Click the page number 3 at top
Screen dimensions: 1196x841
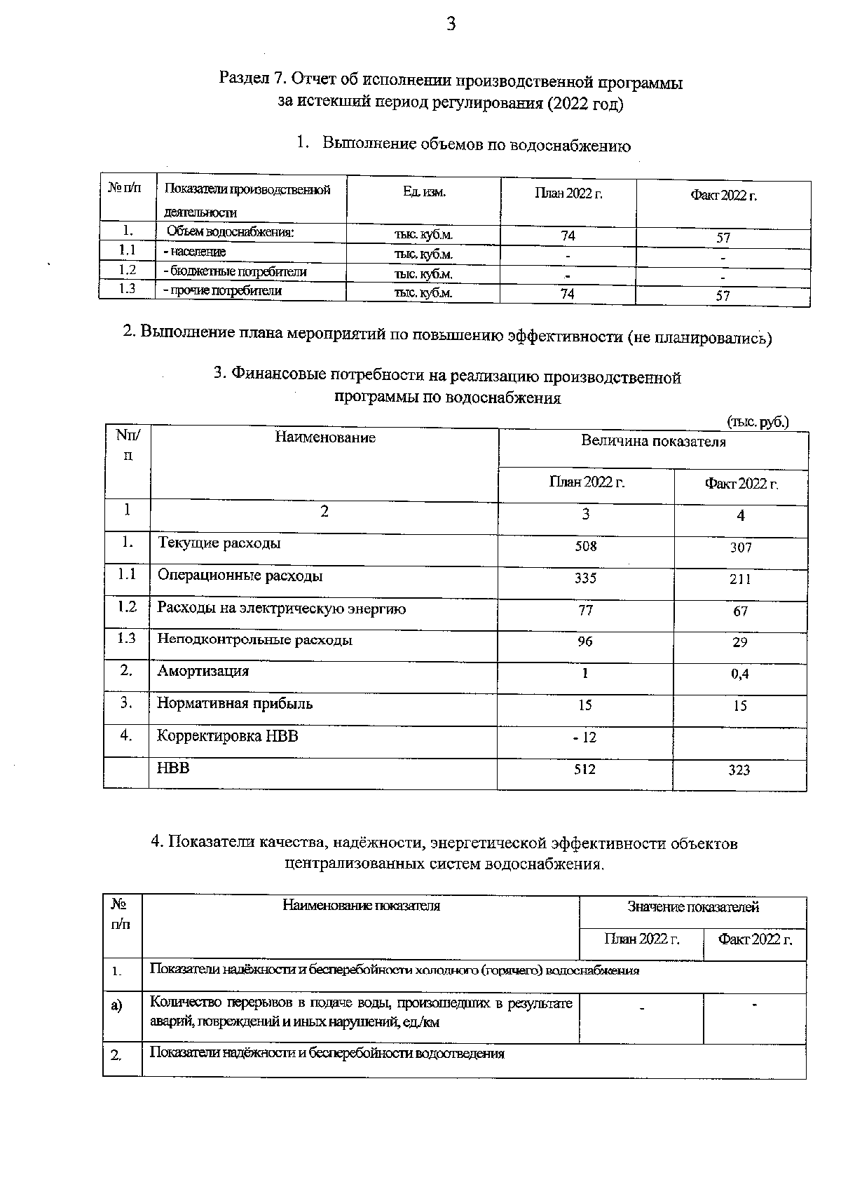coord(451,25)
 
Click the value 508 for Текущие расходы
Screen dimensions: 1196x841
coord(585,545)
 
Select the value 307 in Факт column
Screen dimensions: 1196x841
coord(740,548)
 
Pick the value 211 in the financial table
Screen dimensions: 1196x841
coord(739,579)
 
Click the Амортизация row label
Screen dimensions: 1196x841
coord(203,671)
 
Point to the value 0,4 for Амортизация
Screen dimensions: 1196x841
coord(739,674)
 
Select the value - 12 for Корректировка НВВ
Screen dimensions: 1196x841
coord(583,738)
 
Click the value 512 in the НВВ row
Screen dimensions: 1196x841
coord(584,769)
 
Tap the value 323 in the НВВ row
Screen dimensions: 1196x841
coord(739,770)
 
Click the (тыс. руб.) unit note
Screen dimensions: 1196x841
coord(758,422)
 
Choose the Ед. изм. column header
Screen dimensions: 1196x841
coord(424,192)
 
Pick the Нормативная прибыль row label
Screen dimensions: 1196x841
coord(234,703)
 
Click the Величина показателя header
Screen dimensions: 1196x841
coord(653,442)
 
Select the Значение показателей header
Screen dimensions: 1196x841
coord(692,908)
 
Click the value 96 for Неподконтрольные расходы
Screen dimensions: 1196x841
coord(584,641)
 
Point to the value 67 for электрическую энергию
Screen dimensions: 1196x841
coord(740,611)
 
